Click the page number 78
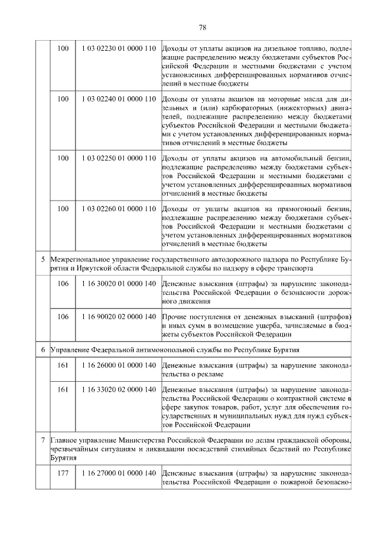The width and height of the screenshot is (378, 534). click(201, 27)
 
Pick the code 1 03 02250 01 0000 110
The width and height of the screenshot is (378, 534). click(116, 158)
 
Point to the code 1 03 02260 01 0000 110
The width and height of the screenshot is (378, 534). click(116, 209)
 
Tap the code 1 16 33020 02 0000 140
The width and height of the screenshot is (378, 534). click(116, 390)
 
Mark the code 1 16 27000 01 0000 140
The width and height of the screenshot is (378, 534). click(116, 474)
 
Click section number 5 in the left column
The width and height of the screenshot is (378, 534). click(43, 259)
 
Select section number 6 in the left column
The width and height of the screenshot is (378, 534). click(43, 350)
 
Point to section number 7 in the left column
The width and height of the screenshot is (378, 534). click(43, 440)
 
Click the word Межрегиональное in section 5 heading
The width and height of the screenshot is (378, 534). click(79, 259)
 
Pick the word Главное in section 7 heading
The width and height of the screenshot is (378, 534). click(64, 440)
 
